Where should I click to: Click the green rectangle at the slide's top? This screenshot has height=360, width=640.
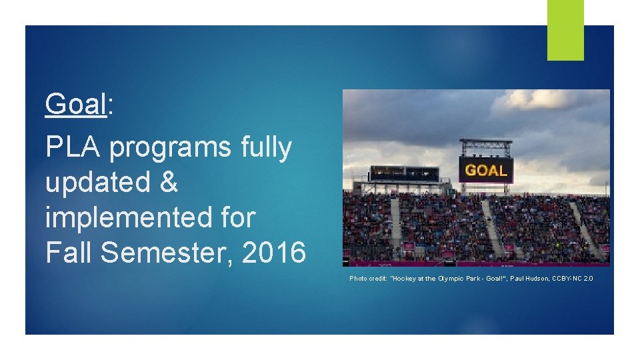tap(565, 30)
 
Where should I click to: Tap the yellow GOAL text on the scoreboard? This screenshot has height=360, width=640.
tap(486, 170)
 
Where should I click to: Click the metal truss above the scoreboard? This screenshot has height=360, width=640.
tap(486, 145)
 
